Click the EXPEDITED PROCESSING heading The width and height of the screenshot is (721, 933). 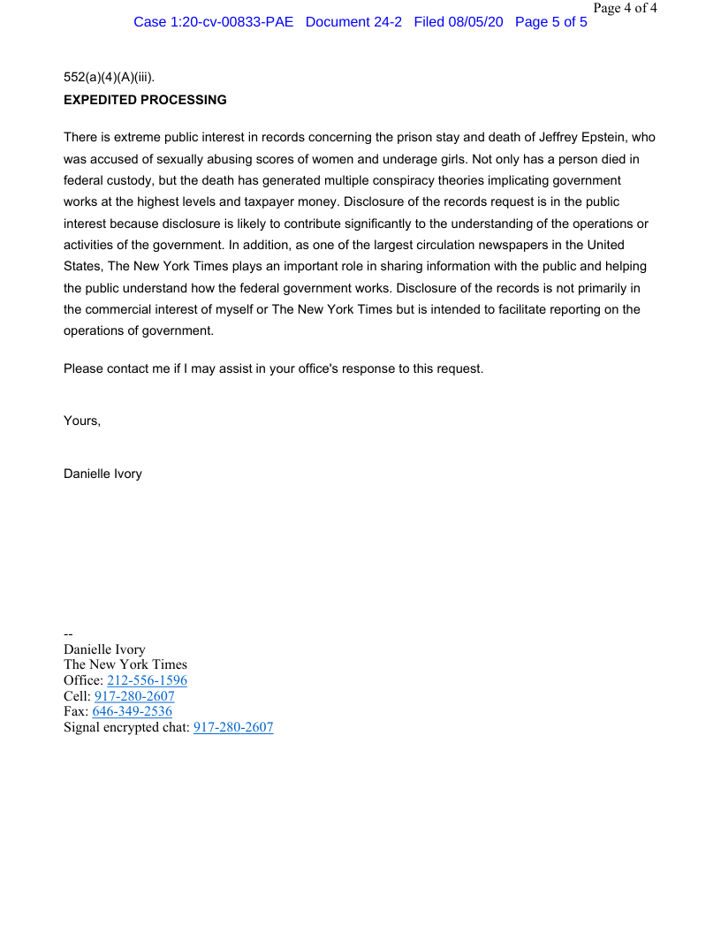tap(145, 100)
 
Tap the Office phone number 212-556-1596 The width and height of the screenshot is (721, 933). tap(147, 680)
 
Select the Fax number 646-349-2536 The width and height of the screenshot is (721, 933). tap(132, 711)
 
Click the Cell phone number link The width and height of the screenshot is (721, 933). tap(134, 696)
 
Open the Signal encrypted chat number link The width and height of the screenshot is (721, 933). tap(233, 727)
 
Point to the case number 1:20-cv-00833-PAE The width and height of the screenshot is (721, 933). tap(214, 21)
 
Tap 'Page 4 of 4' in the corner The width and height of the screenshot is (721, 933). tap(625, 8)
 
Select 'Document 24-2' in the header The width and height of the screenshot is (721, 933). tap(353, 21)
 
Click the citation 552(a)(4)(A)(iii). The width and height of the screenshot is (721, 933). tap(109, 78)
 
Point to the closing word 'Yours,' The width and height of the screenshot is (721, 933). tap(82, 421)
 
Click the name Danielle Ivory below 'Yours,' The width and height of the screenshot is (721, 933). tap(102, 474)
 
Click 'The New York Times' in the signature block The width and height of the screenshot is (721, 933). tap(125, 664)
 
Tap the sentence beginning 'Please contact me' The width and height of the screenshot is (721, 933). tap(273, 368)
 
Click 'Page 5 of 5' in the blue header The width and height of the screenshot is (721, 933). tap(550, 21)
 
